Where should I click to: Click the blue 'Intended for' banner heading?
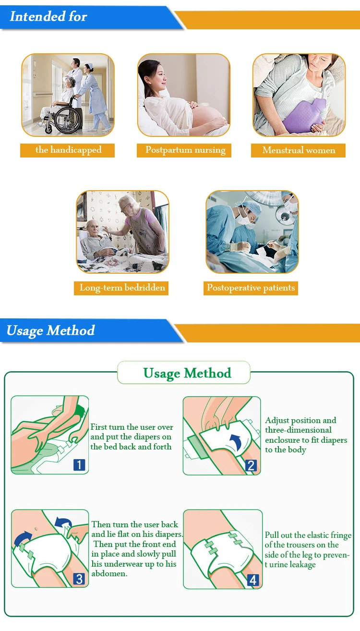pyautogui.click(x=48, y=16)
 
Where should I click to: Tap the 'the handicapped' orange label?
pyautogui.click(x=68, y=150)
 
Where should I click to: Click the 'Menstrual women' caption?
pyautogui.click(x=299, y=150)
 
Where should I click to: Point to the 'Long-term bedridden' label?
pyautogui.click(x=121, y=288)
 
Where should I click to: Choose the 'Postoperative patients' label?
pyautogui.click(x=251, y=288)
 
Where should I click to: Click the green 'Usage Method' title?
pyautogui.click(x=188, y=373)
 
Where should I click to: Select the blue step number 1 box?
pyautogui.click(x=79, y=464)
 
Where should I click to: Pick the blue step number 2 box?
pyautogui.click(x=251, y=465)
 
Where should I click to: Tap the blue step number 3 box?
pyautogui.click(x=79, y=579)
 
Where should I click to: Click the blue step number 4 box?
pyautogui.click(x=253, y=580)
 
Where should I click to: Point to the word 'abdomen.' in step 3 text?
pyautogui.click(x=109, y=573)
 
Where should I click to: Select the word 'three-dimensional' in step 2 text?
pyautogui.click(x=298, y=430)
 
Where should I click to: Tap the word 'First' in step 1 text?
pyautogui.click(x=98, y=427)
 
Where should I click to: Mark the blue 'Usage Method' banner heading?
pyautogui.click(x=51, y=330)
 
